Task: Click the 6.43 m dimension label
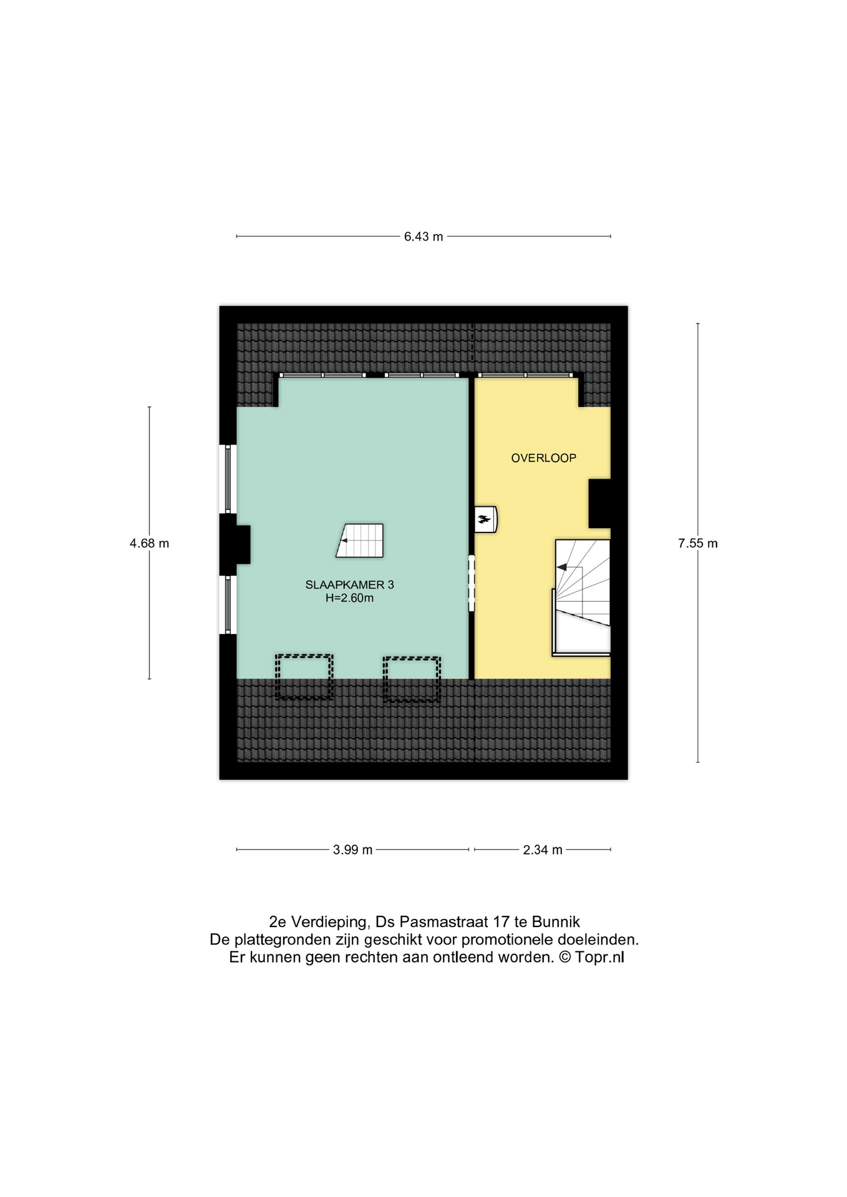(x=423, y=237)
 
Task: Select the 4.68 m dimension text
(x=150, y=544)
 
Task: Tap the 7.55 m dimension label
(x=698, y=544)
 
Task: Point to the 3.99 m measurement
(x=353, y=850)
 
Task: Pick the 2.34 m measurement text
(x=543, y=850)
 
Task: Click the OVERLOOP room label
(x=544, y=458)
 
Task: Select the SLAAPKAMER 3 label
(x=349, y=585)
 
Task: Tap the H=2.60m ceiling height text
(x=349, y=598)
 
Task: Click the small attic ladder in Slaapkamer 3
(x=360, y=540)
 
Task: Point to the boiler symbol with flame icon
(x=485, y=519)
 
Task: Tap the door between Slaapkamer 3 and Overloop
(x=472, y=584)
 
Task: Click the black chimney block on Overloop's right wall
(x=599, y=504)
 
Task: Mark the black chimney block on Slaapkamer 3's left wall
(x=235, y=544)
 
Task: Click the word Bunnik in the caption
(x=556, y=922)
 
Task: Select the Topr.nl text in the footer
(x=599, y=958)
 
